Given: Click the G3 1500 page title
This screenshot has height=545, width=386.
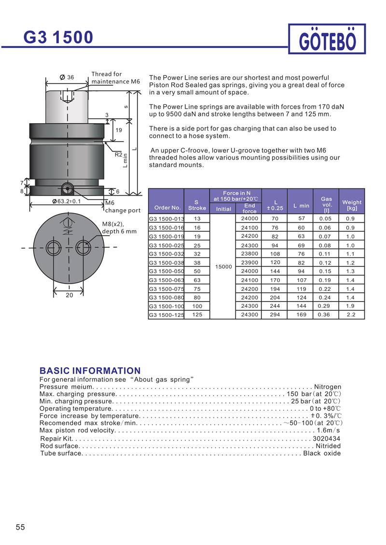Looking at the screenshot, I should click(x=58, y=37).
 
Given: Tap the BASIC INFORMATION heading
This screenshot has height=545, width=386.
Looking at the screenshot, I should click(x=90, y=371).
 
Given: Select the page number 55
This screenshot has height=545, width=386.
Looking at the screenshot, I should click(x=20, y=527).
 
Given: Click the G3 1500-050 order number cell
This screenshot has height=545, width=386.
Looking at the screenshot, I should click(x=166, y=271).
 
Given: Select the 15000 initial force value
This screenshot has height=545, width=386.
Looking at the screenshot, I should click(x=224, y=267).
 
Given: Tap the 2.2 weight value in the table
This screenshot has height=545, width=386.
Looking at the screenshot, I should click(x=351, y=315).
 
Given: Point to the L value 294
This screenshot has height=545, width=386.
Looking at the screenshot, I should click(x=275, y=315).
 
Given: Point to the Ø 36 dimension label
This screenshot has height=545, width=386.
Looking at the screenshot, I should click(x=67, y=77).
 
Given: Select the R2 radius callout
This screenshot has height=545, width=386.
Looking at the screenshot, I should click(x=118, y=155).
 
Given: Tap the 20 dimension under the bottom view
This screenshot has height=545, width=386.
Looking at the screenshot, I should click(x=68, y=295).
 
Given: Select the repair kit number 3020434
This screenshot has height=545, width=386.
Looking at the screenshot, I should click(x=327, y=438).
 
